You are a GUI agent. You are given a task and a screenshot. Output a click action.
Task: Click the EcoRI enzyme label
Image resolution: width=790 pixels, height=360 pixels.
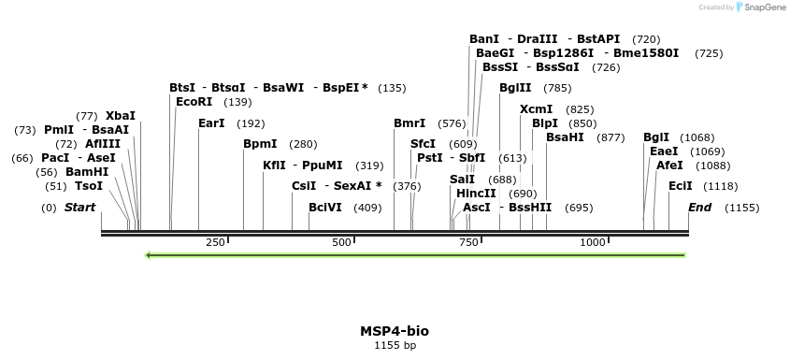pyautogui.click(x=194, y=102)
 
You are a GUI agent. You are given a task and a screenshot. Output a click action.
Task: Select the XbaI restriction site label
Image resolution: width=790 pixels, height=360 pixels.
pyautogui.click(x=121, y=116)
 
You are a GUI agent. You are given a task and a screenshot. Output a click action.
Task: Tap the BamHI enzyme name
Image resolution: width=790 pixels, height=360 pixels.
pyautogui.click(x=87, y=172)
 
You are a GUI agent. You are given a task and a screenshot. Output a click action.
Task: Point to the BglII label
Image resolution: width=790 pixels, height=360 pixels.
pyautogui.click(x=515, y=88)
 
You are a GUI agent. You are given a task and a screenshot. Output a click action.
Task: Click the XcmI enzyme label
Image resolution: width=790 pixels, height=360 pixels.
pyautogui.click(x=536, y=109)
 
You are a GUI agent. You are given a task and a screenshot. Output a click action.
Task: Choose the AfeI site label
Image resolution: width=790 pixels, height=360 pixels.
pyautogui.click(x=669, y=166)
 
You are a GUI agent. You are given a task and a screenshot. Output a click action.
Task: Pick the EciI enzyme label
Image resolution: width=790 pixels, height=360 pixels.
pyautogui.click(x=681, y=186)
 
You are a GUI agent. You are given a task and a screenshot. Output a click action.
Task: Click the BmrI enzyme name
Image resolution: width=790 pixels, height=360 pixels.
pyautogui.click(x=409, y=123)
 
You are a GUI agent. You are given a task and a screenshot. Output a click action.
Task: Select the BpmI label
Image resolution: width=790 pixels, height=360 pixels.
pyautogui.click(x=260, y=144)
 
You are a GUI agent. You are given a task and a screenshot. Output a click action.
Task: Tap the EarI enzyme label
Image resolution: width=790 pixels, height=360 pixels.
pyautogui.click(x=212, y=123)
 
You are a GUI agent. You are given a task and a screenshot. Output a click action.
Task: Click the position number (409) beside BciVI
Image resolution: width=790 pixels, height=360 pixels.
pyautogui.click(x=367, y=208)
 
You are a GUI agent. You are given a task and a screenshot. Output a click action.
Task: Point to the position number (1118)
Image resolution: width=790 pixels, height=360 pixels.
pyautogui.click(x=720, y=186)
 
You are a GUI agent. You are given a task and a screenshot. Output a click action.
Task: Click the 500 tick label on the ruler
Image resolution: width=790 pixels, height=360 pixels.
pyautogui.click(x=341, y=243)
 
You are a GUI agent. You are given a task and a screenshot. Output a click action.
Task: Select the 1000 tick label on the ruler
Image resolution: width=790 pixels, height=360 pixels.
pyautogui.click(x=593, y=243)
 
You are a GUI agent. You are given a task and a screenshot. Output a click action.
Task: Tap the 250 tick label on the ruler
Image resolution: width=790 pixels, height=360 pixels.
pyautogui.click(x=215, y=243)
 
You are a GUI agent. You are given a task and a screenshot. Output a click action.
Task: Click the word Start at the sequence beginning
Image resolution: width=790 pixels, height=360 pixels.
pyautogui.click(x=79, y=208)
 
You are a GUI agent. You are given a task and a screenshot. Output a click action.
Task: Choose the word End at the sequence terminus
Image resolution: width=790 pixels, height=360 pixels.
pyautogui.click(x=700, y=208)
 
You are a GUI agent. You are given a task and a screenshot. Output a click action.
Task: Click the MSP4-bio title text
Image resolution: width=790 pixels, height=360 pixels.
pyautogui.click(x=395, y=331)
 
